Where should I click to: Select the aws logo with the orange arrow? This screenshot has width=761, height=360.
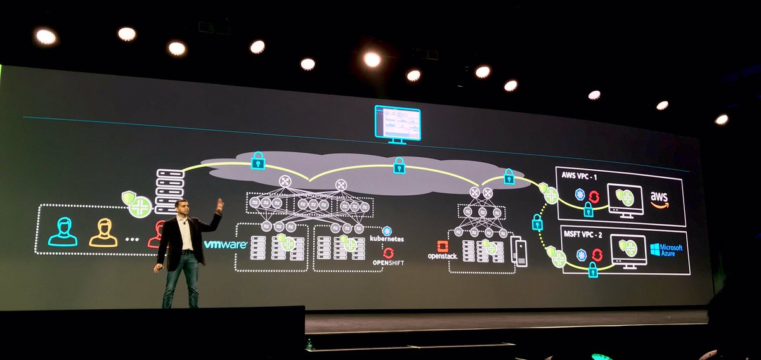pos(660,199)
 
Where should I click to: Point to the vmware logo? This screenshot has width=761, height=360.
pos(226,244)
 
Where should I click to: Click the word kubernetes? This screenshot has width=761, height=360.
pos(386,239)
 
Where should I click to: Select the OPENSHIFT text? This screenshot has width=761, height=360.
pos(387,262)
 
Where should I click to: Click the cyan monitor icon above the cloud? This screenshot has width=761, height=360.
pos(398,124)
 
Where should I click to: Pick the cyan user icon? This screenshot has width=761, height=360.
pos(63,232)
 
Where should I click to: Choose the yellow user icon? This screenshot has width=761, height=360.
pos(103,232)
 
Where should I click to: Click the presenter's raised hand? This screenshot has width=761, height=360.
pos(219,205)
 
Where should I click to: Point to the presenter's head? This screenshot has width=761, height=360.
pos(182,210)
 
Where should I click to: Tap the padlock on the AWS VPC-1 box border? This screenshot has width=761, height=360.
pos(588,209)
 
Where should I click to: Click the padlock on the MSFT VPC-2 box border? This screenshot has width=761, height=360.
pos(593,270)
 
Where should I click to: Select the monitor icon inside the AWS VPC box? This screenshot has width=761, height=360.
pos(625,200)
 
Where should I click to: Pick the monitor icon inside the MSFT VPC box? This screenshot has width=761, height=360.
pos(628,251)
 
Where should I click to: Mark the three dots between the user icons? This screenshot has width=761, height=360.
pos(132,240)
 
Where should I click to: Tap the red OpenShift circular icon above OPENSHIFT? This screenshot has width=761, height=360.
pos(388,252)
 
